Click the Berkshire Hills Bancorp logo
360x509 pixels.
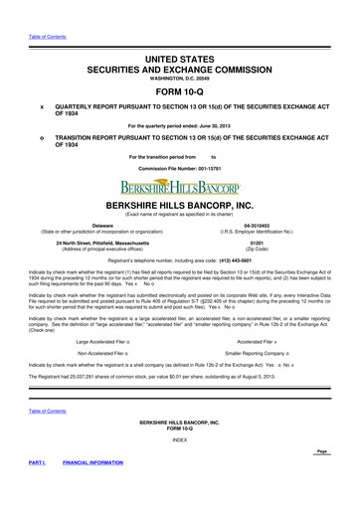[x=180, y=185]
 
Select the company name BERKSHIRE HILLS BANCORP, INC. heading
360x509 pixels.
[x=180, y=203]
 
